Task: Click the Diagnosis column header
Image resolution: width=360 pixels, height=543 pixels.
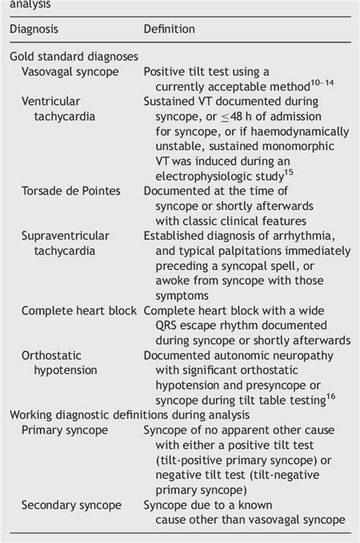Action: coord(39,30)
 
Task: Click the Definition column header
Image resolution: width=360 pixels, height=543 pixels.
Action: coord(169,30)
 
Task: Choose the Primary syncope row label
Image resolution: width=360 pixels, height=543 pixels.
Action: coord(65,430)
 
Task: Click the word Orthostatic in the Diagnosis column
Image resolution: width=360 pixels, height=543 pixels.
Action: coord(52,355)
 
